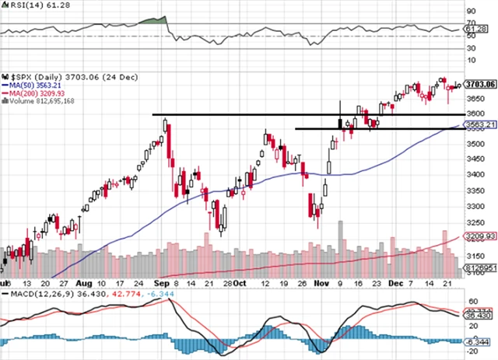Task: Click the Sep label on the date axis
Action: click(160, 285)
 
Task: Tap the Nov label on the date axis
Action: click(322, 285)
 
